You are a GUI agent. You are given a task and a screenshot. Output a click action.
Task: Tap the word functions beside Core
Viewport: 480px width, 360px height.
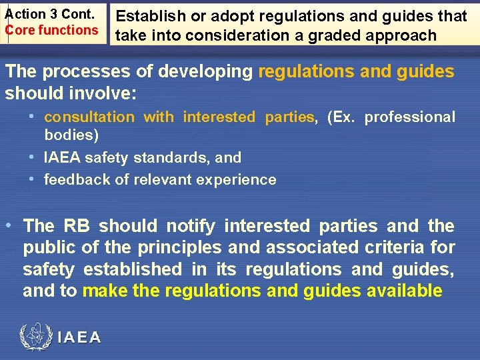coord(69,30)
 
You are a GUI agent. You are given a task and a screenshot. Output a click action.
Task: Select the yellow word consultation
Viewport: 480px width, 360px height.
coord(89,117)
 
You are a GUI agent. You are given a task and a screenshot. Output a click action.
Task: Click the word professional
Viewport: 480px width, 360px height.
coord(410,117)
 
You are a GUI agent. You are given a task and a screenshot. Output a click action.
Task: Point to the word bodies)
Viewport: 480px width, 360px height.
coord(71,135)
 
